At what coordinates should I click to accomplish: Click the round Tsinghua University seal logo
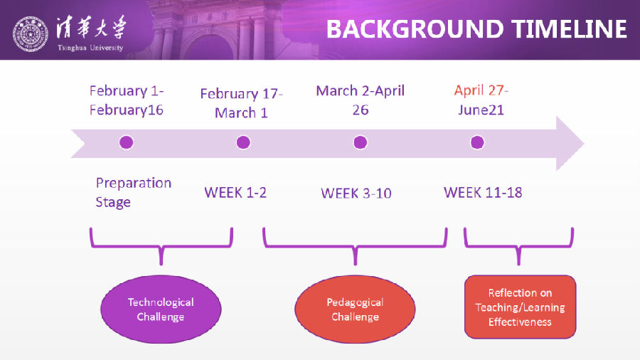30,34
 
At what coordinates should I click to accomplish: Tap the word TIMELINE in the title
570,29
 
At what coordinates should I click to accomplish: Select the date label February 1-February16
127,100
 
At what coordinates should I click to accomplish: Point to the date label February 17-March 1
241,103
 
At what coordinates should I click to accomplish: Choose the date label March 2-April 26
361,100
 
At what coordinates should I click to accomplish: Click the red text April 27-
481,90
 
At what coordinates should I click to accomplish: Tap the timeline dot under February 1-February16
126,142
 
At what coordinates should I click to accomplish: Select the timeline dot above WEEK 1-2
243,142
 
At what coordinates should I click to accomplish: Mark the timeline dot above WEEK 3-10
360,142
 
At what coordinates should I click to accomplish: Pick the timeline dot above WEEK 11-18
477,142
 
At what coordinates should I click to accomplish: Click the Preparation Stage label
134,192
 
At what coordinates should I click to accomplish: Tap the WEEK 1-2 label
235,193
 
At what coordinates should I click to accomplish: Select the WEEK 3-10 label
356,193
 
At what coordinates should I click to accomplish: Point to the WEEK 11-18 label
483,193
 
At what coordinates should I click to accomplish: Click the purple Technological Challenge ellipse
161,309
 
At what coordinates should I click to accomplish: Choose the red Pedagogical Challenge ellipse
355,309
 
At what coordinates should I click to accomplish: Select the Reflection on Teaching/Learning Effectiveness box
520,307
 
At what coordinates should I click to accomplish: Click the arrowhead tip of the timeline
584,144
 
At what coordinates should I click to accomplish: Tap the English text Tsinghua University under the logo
90,48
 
